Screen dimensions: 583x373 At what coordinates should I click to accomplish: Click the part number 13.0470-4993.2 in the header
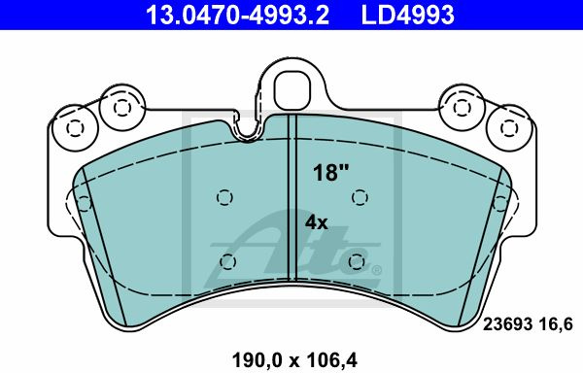237,15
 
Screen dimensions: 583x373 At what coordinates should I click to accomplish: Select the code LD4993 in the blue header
407,15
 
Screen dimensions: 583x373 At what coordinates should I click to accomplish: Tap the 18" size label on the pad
330,172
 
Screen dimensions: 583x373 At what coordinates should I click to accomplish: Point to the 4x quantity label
316,222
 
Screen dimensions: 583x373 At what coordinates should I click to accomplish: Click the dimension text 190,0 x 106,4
294,360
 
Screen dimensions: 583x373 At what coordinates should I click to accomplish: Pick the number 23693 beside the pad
507,324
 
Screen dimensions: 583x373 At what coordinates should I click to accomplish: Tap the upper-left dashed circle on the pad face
224,197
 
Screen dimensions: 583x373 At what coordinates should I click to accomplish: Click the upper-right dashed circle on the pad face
360,197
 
